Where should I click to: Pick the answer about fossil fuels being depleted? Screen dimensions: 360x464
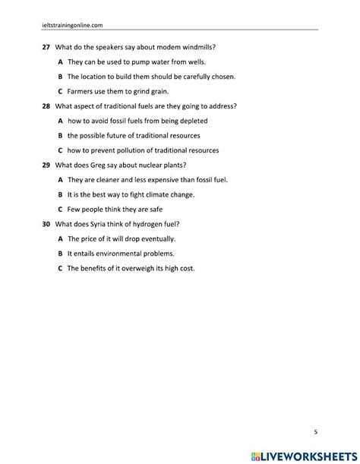pyautogui.click(x=137, y=121)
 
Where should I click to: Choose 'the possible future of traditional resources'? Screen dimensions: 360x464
pyautogui.click(x=141, y=135)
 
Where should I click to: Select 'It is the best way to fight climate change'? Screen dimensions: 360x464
pyautogui.click(x=141, y=194)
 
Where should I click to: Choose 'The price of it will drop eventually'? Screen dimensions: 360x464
pyautogui.click(x=131, y=238)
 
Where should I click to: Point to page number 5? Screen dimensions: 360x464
pyautogui.click(x=316, y=432)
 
